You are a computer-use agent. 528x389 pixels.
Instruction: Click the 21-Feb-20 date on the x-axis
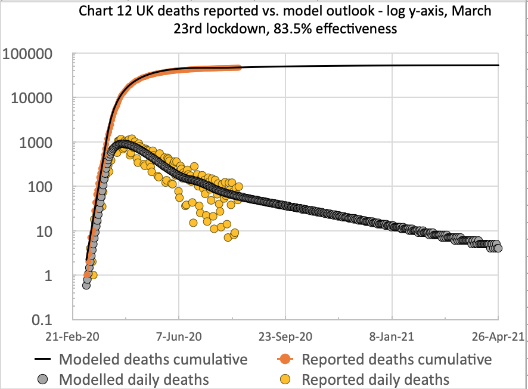(x=73, y=336)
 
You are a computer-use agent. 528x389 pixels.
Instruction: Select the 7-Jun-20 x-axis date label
(x=179, y=336)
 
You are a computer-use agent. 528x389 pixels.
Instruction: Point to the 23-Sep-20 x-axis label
(x=285, y=336)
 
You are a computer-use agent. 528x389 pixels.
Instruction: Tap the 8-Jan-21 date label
(x=392, y=336)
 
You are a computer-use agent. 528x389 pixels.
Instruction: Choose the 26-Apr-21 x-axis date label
(x=498, y=336)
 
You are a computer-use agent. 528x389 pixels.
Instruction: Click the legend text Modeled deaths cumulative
(x=153, y=360)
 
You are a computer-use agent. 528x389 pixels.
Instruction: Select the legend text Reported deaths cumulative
(x=396, y=360)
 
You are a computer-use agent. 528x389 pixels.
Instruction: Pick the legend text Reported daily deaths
(x=375, y=379)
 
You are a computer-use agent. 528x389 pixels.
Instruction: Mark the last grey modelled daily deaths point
(x=498, y=248)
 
